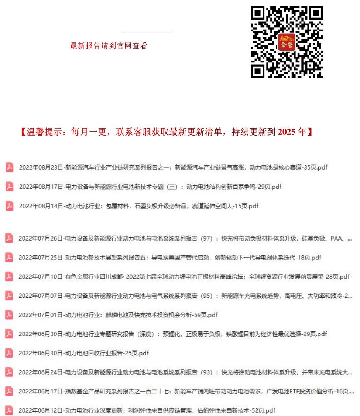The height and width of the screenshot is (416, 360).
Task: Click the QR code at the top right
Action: pyautogui.click(x=287, y=42)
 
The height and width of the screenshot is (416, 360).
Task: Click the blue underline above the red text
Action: pyautogui.click(x=147, y=32)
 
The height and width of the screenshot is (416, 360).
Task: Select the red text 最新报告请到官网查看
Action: pyautogui.click(x=109, y=46)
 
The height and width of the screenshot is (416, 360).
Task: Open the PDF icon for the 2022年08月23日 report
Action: pyautogui.click(x=9, y=167)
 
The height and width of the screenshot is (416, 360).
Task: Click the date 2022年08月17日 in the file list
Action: pyautogui.click(x=41, y=187)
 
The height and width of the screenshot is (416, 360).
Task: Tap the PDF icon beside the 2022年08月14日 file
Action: pyautogui.click(x=9, y=206)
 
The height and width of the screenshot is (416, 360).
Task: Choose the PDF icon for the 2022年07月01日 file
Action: pyautogui.click(x=9, y=315)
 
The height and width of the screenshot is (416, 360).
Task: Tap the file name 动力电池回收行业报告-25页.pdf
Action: pyautogui.click(x=107, y=353)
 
